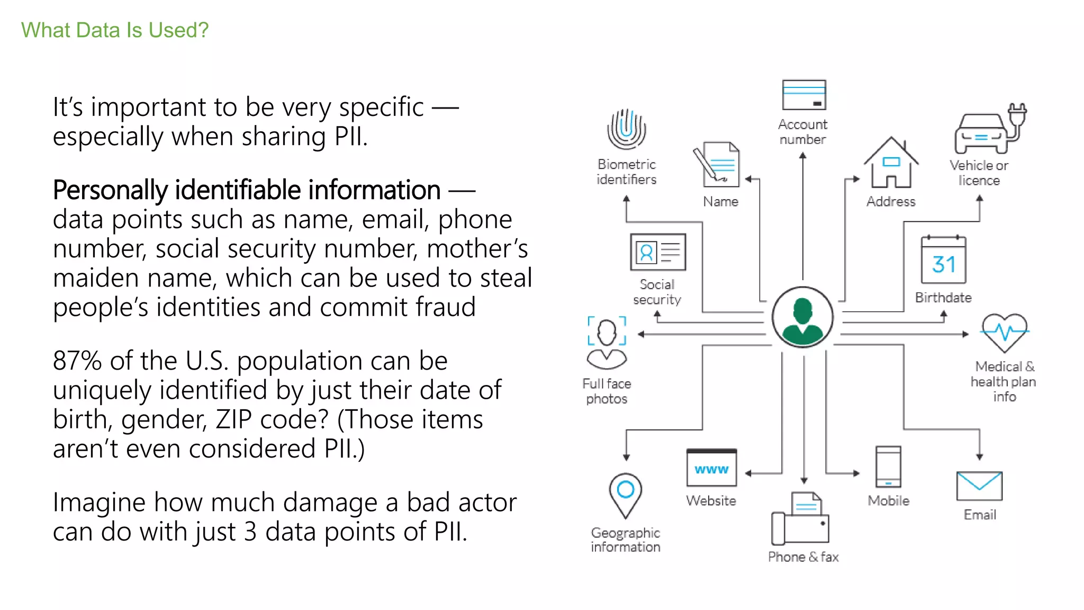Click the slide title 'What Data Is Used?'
coord(115,30)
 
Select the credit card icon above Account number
coord(803,95)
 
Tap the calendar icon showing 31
coord(943,260)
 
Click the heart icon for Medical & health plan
coord(1004,333)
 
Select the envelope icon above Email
coord(979,486)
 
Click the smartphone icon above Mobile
coord(888,467)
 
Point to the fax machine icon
coord(800,519)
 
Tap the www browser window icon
coord(711,468)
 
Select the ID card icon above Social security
coord(658,252)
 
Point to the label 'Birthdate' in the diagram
coord(943,298)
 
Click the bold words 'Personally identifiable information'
coord(247,190)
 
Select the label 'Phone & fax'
coord(803,557)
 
